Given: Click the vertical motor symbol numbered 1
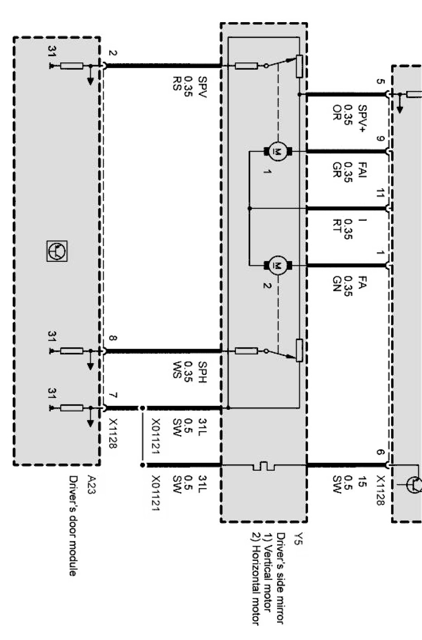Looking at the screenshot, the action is coord(278,152).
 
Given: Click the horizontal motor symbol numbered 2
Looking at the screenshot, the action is coord(278,265).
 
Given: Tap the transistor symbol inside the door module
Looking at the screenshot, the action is coord(57,251).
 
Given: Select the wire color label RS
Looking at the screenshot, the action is coord(177,83).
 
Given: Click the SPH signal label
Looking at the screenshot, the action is coord(202,372).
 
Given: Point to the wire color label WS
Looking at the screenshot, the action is coord(177,370).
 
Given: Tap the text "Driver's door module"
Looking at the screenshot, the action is coord(73,526).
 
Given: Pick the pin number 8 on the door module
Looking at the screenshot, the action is coord(113,338).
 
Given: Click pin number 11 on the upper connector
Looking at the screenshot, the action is coord(379,193).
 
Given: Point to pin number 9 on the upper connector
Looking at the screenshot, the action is coord(379,138).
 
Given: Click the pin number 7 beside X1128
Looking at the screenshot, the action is coord(113,395).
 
